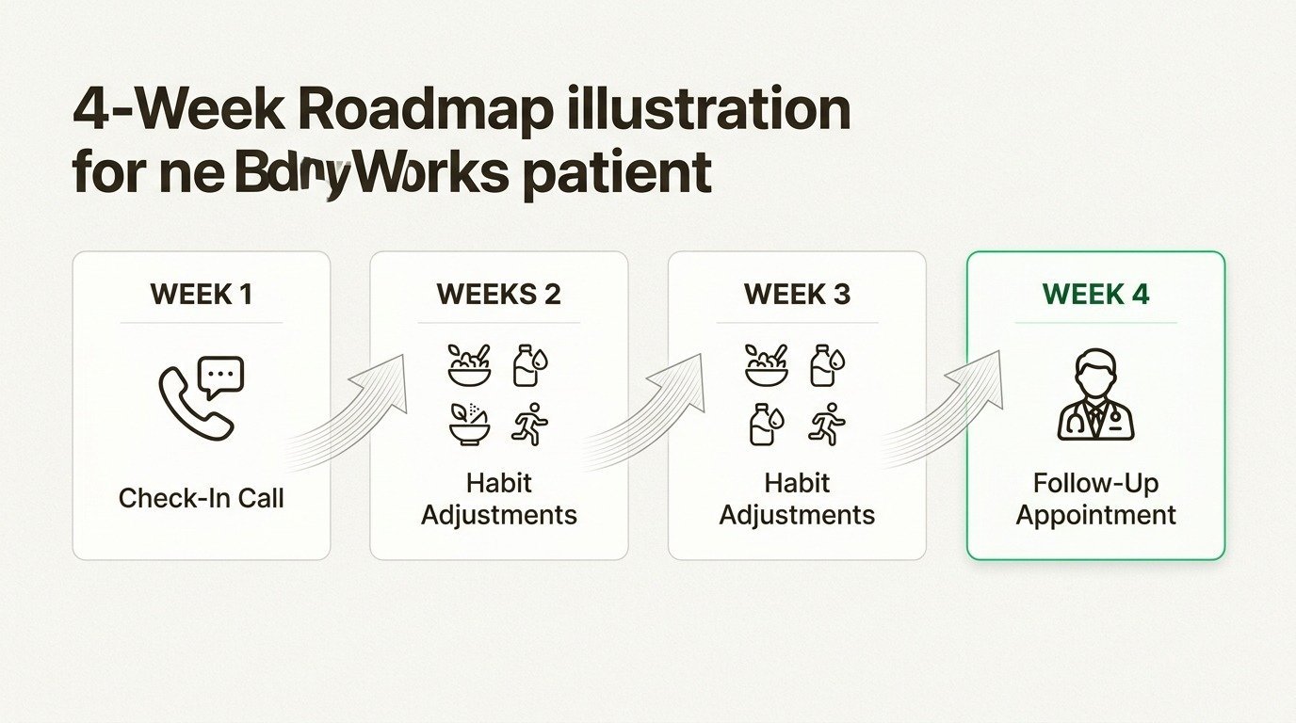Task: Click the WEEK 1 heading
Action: pyautogui.click(x=201, y=295)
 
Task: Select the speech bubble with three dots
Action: pyautogui.click(x=222, y=375)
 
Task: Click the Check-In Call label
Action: pyautogui.click(x=201, y=498)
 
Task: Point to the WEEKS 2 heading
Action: pyautogui.click(x=498, y=295)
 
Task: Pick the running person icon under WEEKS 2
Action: pyautogui.click(x=529, y=425)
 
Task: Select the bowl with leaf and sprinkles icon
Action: pyautogui.click(x=469, y=425)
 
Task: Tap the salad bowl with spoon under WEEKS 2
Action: pyautogui.click(x=469, y=365)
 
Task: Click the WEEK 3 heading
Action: pyautogui.click(x=797, y=295)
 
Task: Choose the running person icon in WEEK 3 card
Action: pyautogui.click(x=827, y=425)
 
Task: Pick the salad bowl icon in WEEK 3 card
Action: pyautogui.click(x=767, y=365)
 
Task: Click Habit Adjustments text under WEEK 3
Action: pyautogui.click(x=797, y=499)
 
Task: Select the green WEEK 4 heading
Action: pyautogui.click(x=1095, y=295)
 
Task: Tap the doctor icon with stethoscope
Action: pyautogui.click(x=1095, y=395)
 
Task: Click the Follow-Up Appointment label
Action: pyautogui.click(x=1095, y=499)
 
